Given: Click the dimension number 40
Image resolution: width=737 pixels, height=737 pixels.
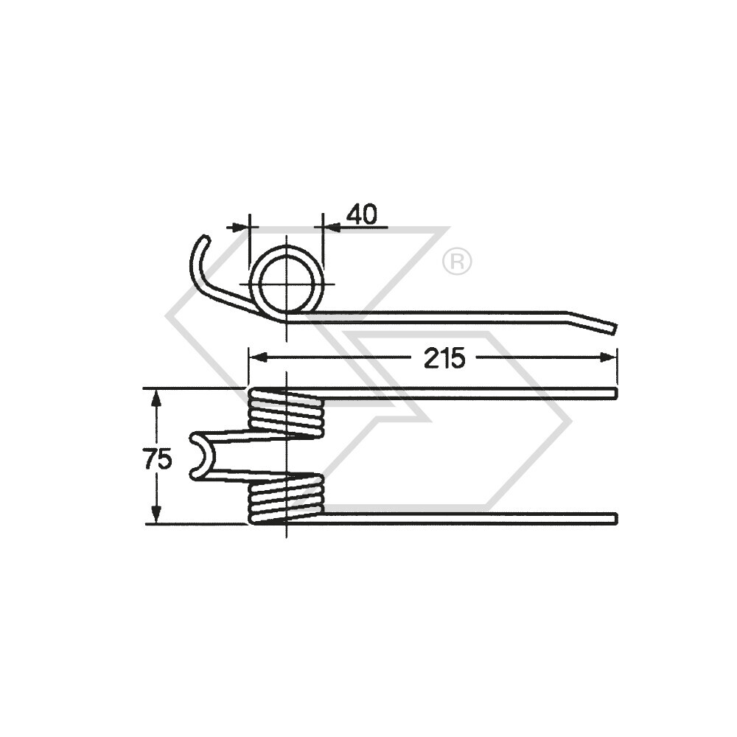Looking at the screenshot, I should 362,214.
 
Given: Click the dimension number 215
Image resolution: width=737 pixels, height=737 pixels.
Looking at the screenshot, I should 444,358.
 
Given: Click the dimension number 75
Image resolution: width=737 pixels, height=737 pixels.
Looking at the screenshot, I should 158,459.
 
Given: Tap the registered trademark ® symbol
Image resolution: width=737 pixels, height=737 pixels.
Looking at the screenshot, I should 457,261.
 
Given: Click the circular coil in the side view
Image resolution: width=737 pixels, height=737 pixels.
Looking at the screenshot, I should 286,255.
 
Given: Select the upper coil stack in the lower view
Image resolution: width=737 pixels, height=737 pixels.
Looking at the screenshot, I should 286,413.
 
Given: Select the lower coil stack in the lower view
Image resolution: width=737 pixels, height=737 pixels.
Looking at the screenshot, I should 286,499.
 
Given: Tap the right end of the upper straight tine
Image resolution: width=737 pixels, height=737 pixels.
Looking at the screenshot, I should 613,394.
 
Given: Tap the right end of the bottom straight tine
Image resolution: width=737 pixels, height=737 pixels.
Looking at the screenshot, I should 613,519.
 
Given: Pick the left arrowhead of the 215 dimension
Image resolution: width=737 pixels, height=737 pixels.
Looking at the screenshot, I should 256,357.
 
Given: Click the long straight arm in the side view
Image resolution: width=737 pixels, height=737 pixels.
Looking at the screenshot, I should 442,316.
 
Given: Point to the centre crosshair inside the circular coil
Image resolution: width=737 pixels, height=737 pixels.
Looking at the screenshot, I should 286,283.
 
